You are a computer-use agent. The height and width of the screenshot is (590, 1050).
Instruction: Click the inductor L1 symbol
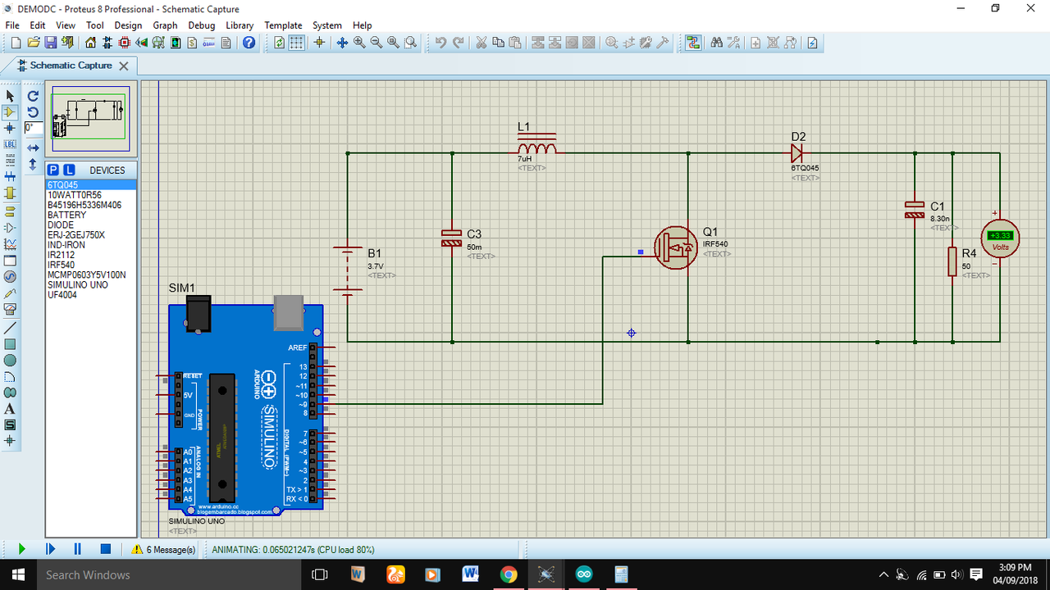click(536, 147)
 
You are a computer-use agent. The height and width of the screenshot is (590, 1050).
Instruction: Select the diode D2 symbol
click(796, 153)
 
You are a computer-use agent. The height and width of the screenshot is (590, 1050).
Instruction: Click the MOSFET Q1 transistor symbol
click(676, 247)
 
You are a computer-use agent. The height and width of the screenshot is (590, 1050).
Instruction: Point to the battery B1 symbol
click(348, 269)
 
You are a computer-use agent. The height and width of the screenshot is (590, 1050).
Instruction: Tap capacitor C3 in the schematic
click(452, 238)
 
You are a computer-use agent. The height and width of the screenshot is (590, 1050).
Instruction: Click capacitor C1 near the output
click(915, 210)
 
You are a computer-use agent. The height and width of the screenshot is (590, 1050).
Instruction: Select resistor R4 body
click(952, 261)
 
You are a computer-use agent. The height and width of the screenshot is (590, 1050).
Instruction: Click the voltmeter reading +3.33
click(1000, 235)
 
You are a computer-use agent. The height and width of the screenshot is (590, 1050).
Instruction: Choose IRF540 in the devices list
click(62, 265)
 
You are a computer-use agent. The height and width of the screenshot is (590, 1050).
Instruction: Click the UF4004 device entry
click(62, 295)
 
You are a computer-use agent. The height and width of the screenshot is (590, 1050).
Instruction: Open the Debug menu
click(202, 25)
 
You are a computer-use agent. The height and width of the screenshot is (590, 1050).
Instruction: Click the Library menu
click(240, 25)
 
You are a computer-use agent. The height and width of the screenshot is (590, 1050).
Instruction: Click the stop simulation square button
click(106, 549)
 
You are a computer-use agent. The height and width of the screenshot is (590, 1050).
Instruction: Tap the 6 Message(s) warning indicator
click(164, 550)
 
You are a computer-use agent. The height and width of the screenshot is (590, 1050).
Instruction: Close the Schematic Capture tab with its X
click(124, 66)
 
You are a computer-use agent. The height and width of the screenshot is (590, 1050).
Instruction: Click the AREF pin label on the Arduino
click(297, 347)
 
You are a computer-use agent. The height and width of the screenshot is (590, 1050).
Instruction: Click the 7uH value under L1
click(525, 159)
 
